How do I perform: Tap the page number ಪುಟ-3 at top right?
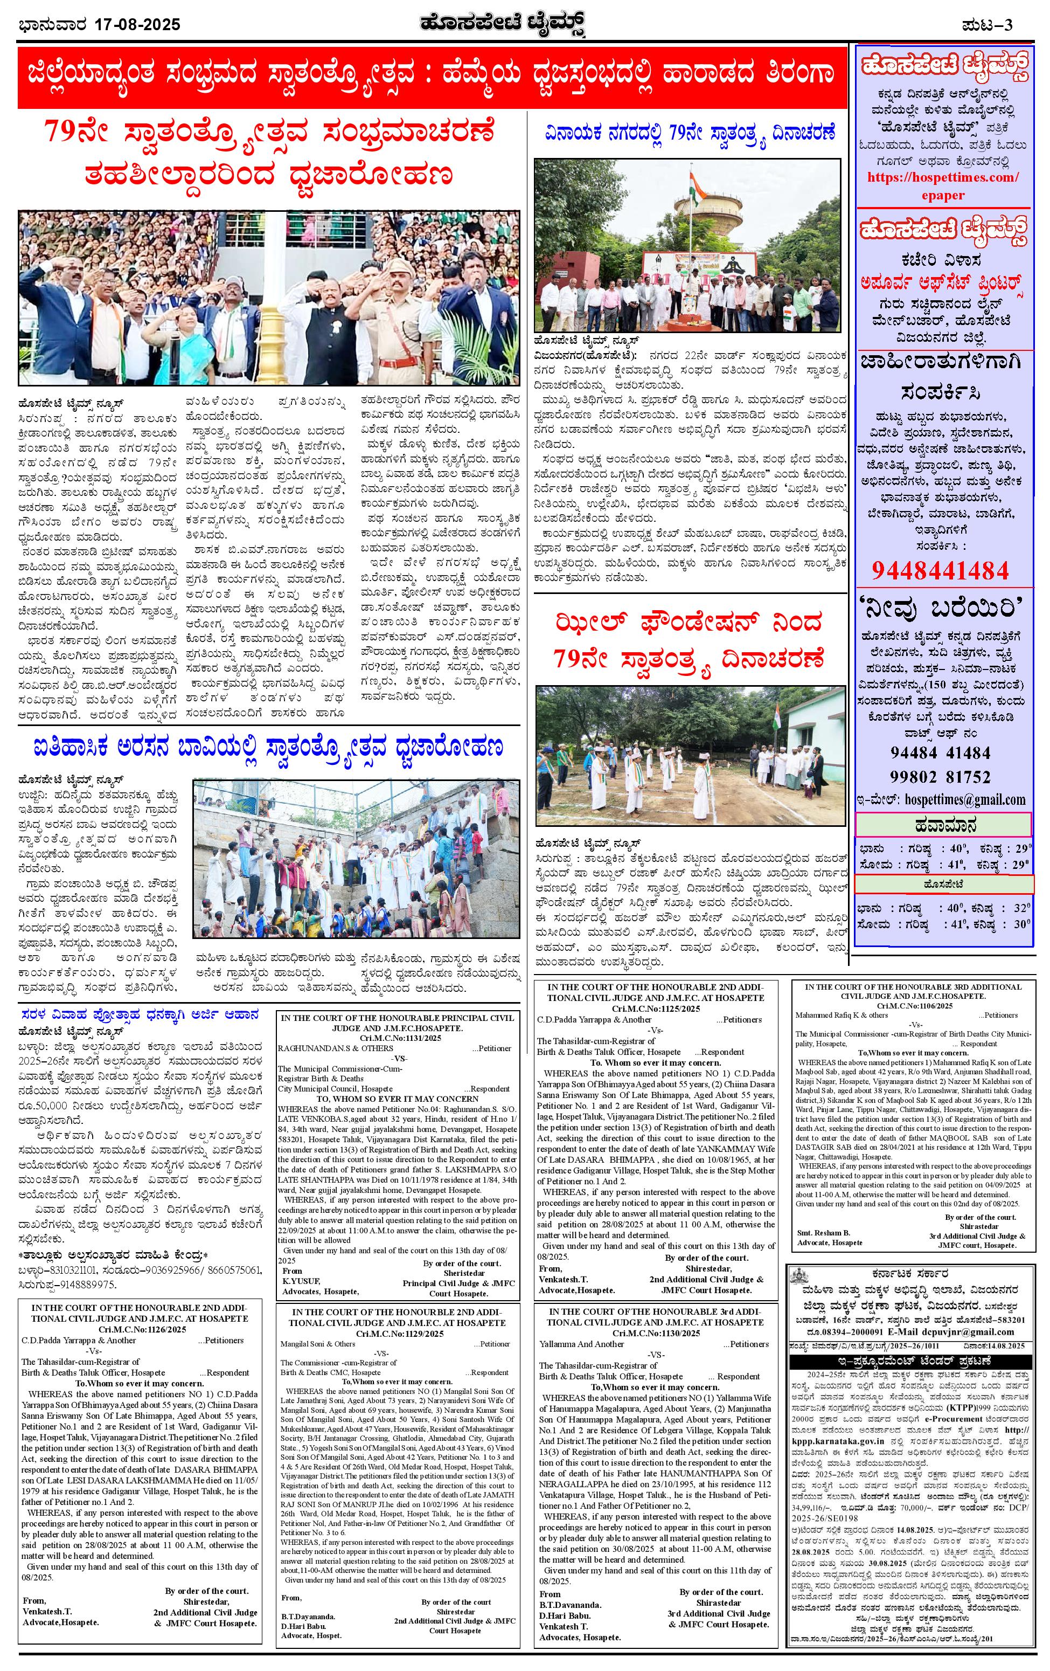[x=988, y=25]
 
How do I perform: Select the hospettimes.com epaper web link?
[x=942, y=185]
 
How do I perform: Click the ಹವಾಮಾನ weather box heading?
[x=942, y=825]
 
